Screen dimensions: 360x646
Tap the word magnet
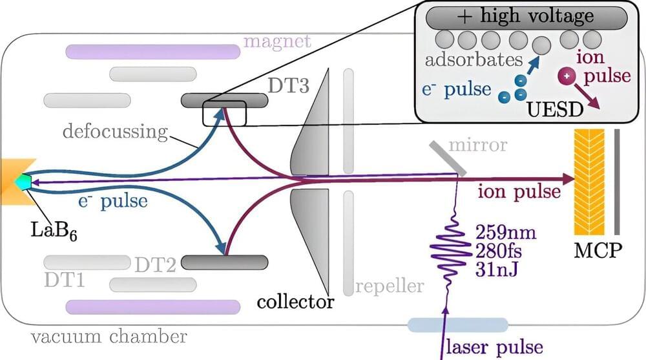pyautogui.click(x=276, y=43)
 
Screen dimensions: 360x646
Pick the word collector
pyautogui.click(x=295, y=301)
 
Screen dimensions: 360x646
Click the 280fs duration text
pyautogui.click(x=499, y=248)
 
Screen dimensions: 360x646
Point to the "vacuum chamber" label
pyautogui.click(x=110, y=337)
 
